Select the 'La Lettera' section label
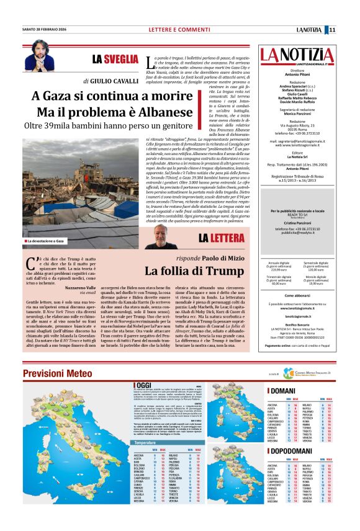click(221, 238)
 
